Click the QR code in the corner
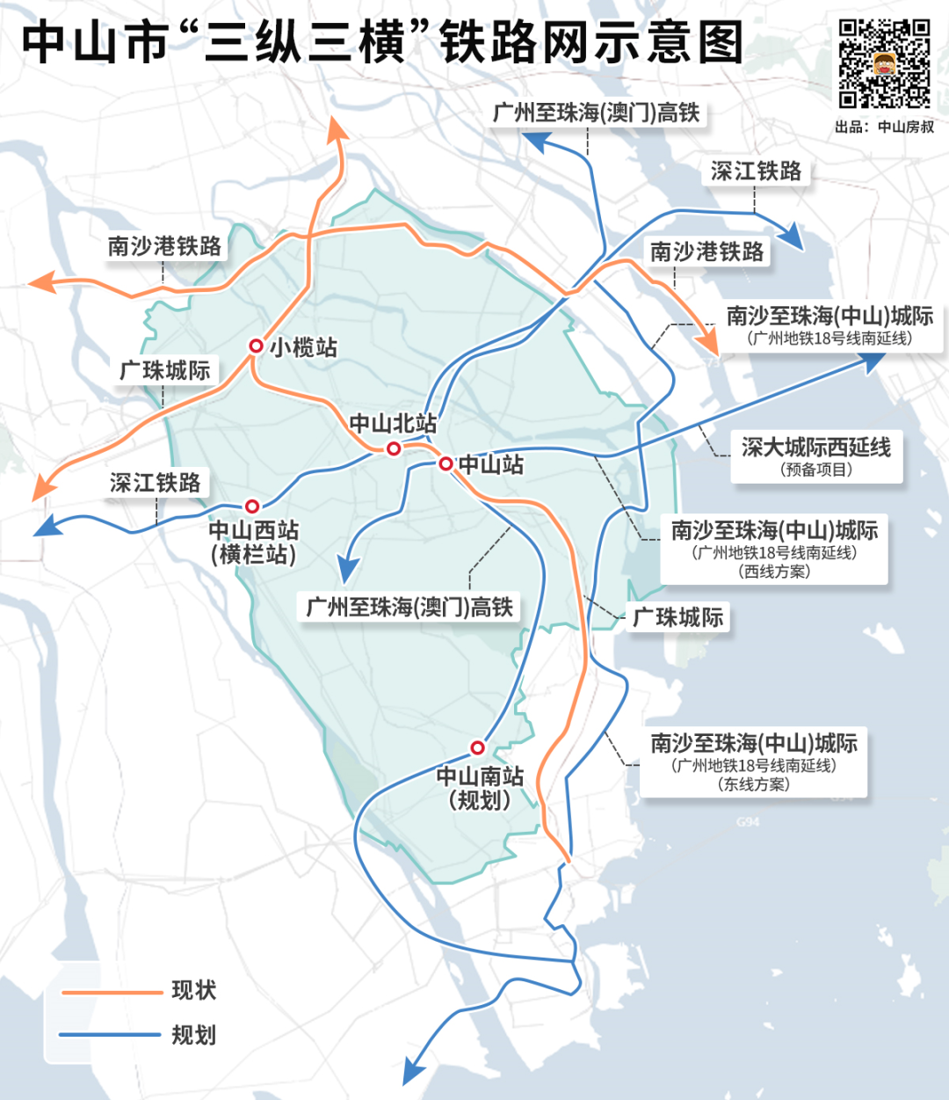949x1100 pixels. click(884, 63)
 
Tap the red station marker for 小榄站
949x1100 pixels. click(256, 346)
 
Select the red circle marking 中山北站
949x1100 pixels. click(394, 448)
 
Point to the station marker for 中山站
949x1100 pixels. click(446, 463)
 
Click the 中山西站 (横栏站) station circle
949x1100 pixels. click(252, 506)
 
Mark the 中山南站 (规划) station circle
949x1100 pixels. click(477, 747)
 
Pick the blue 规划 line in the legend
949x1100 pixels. click(111, 1035)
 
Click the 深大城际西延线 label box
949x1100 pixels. click(816, 456)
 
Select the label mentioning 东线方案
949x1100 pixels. click(753, 762)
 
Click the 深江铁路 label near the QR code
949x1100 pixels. click(756, 171)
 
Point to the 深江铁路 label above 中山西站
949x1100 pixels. click(155, 483)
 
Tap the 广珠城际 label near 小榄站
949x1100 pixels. click(165, 370)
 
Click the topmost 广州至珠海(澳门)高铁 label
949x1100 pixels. click(597, 113)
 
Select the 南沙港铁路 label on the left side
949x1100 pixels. click(165, 246)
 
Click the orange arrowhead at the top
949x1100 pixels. click(336, 128)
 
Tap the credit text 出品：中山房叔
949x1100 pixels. click(884, 127)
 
